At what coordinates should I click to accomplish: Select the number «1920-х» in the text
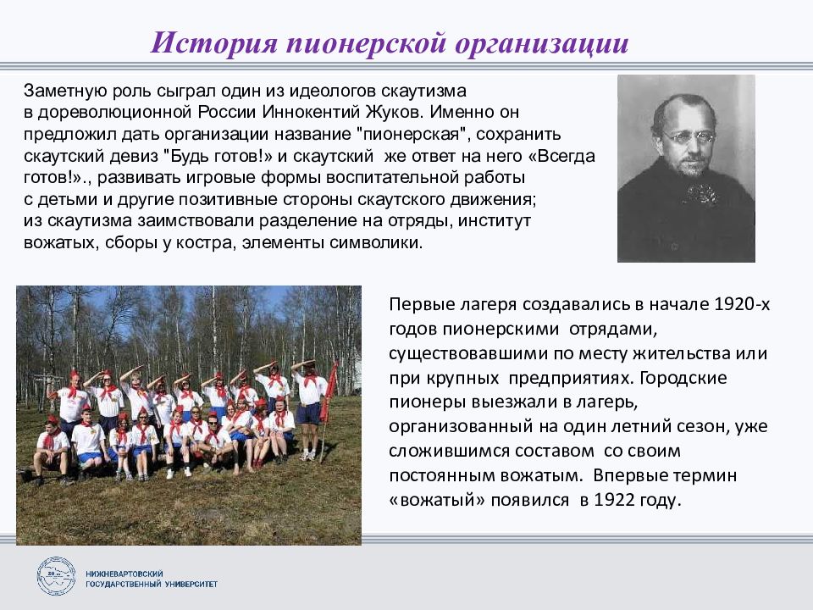pyautogui.click(x=742, y=303)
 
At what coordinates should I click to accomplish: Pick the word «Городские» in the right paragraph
pyautogui.click(x=683, y=377)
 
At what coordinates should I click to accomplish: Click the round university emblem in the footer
pyautogui.click(x=56, y=576)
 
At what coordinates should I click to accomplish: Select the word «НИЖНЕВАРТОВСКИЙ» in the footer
pyautogui.click(x=124, y=574)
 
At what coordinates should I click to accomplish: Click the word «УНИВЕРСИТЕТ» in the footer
pyautogui.click(x=191, y=584)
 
